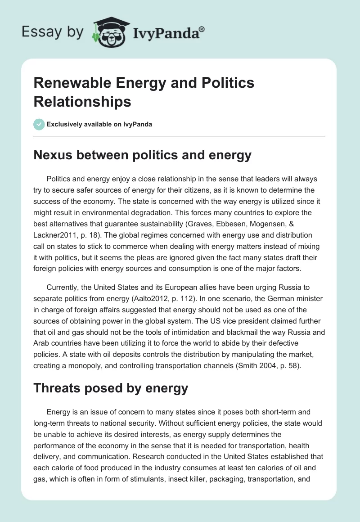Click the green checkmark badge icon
(39, 124)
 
